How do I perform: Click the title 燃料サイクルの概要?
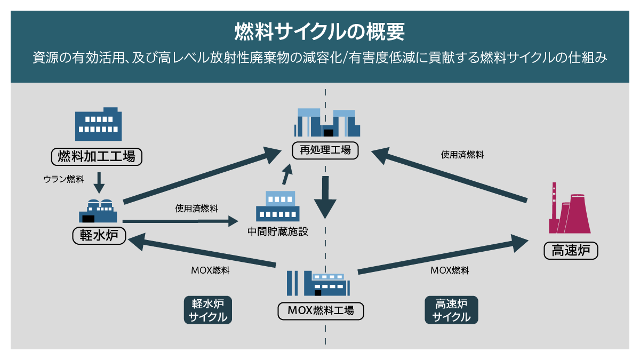[320, 31]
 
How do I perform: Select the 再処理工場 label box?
[325, 151]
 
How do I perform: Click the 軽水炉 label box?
[99, 235]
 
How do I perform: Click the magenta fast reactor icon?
[569, 209]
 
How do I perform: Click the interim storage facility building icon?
[277, 206]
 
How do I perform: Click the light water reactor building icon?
[99, 211]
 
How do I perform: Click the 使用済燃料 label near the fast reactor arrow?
[462, 155]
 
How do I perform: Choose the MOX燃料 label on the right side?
[450, 270]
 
